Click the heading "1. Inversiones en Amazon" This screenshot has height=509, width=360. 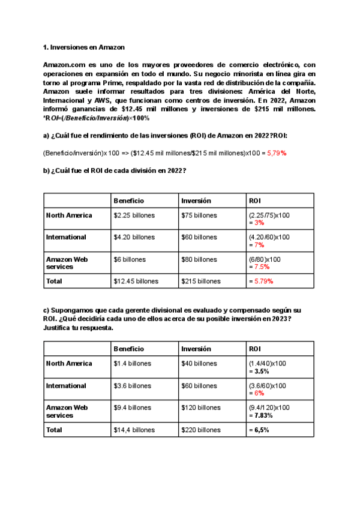[x=84, y=47]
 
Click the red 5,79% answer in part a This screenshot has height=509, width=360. [x=277, y=153]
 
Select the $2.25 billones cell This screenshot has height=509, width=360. [x=133, y=215]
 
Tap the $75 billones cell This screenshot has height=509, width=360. [x=199, y=215]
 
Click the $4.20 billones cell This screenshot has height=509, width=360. [x=134, y=237]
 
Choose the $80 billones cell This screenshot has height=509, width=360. [x=199, y=260]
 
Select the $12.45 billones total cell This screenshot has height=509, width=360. [x=136, y=281]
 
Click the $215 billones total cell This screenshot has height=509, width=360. [x=201, y=281]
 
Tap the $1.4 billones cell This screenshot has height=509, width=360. [x=133, y=364]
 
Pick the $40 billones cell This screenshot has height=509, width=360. [x=199, y=364]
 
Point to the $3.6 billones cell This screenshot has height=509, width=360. [x=133, y=386]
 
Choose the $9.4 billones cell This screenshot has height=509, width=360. [x=133, y=408]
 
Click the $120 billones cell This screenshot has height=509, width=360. [x=201, y=408]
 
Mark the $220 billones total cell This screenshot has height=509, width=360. [x=201, y=430]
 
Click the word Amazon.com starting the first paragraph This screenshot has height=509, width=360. [x=62, y=64]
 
